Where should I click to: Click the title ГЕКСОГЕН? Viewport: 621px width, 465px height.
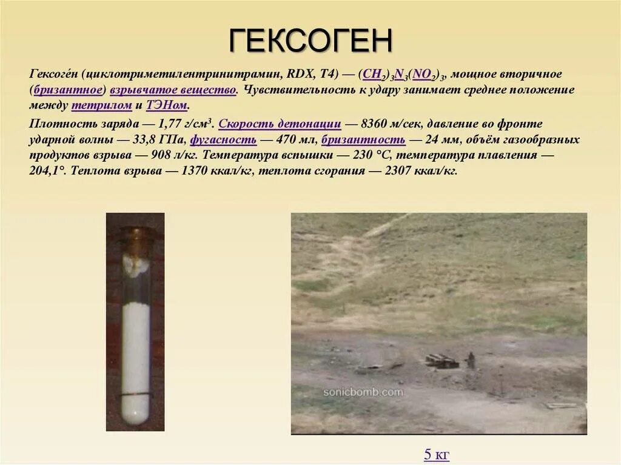coord(310,41)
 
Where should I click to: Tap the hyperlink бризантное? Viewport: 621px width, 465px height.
coord(70,90)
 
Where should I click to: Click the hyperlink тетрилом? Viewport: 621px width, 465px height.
coord(101,105)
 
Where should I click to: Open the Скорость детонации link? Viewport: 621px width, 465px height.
coord(280,124)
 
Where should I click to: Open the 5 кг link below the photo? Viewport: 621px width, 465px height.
coord(437,454)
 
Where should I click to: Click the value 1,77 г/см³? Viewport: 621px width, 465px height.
coord(182,124)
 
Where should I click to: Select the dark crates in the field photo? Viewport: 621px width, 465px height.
coord(441,361)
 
